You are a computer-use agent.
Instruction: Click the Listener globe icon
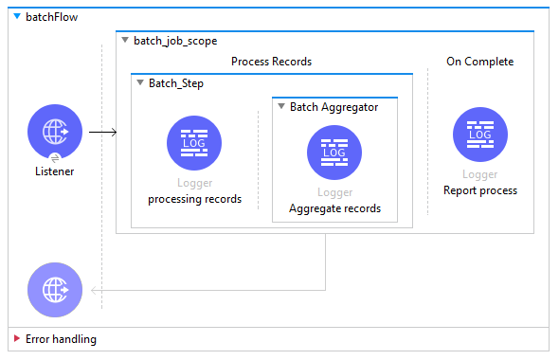tap(55, 132)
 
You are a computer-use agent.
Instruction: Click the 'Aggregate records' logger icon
tap(334, 152)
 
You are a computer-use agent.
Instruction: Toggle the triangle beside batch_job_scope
tap(125, 41)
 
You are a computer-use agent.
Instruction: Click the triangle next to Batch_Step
tap(139, 83)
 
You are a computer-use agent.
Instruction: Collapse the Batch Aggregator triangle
tap(280, 107)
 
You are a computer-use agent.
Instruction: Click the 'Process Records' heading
tap(271, 62)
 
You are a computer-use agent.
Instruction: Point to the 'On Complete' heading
tap(479, 62)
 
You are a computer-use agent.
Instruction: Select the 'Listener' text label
tap(55, 171)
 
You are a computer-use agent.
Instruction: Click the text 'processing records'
tap(194, 199)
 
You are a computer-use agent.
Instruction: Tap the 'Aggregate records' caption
tap(334, 208)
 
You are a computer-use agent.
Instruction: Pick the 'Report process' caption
tap(480, 190)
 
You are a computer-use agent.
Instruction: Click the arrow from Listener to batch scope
tap(102, 132)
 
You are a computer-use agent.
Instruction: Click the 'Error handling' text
tap(61, 338)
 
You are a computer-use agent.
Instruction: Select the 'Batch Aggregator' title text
tap(334, 107)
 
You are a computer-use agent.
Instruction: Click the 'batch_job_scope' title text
tap(175, 41)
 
